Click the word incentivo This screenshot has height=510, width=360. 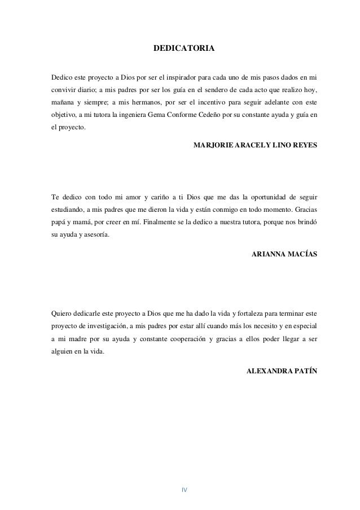click(215, 103)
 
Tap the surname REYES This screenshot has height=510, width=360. click(304, 145)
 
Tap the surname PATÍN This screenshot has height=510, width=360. click(305, 371)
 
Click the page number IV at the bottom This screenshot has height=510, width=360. click(184, 489)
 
